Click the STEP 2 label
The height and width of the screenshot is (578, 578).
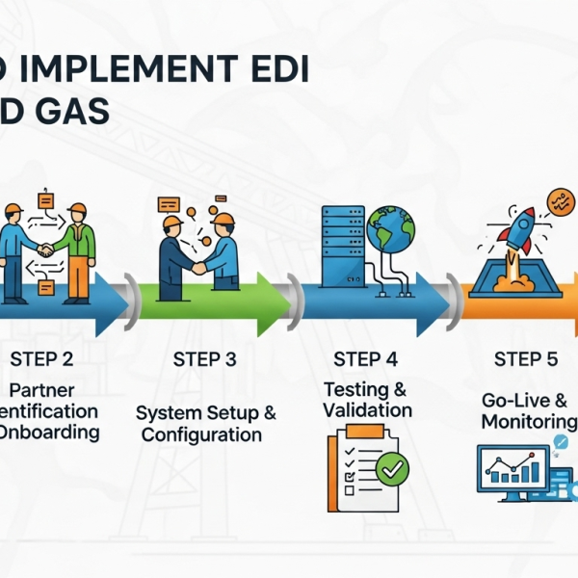(41, 359)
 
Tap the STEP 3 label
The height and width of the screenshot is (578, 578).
(204, 359)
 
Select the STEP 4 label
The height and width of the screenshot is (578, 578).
(365, 359)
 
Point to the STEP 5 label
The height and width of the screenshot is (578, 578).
(525, 359)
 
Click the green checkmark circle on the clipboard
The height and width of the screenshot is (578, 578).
(392, 469)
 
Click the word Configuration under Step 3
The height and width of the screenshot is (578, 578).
(201, 434)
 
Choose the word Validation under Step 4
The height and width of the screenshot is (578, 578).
(367, 410)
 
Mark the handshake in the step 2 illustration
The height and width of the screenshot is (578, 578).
(43, 250)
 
